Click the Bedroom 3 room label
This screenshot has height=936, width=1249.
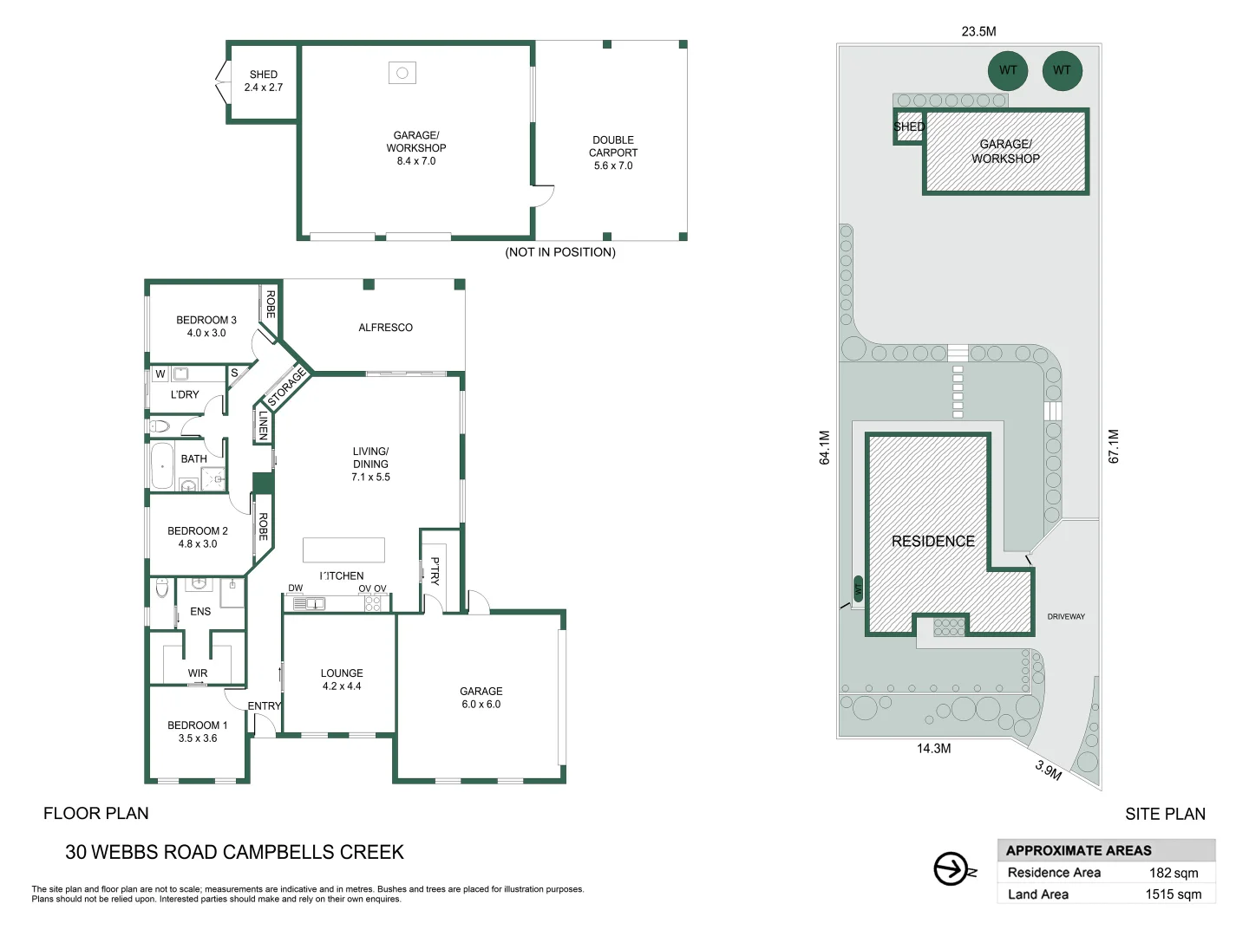pos(206,326)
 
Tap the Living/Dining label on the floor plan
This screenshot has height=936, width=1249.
pos(370,464)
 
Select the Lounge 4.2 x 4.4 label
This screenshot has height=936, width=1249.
pos(342,679)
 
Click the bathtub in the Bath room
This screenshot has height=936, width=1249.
pos(162,466)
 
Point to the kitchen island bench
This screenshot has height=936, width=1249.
pos(343,549)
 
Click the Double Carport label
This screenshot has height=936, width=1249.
pos(613,153)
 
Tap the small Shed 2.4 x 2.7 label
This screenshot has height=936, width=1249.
pos(264,81)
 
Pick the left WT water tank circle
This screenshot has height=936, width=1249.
pos(1008,70)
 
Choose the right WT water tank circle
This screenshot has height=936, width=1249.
pos(1062,70)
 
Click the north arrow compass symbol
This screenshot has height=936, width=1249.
pos(951,869)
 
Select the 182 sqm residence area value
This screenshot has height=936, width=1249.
pos(1174,873)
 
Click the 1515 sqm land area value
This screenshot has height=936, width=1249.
pos(1174,894)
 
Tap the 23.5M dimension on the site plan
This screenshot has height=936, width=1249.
pos(978,31)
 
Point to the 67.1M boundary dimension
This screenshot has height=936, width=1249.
pos(1114,446)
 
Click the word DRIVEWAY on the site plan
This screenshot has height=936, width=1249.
pos(1066,617)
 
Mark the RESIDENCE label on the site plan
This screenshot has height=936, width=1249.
pos(933,542)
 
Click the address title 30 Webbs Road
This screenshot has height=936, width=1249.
pos(234,852)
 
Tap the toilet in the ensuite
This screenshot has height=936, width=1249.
pos(162,589)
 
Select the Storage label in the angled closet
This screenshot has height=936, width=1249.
pos(287,387)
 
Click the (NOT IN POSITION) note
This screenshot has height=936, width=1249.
pos(560,252)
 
